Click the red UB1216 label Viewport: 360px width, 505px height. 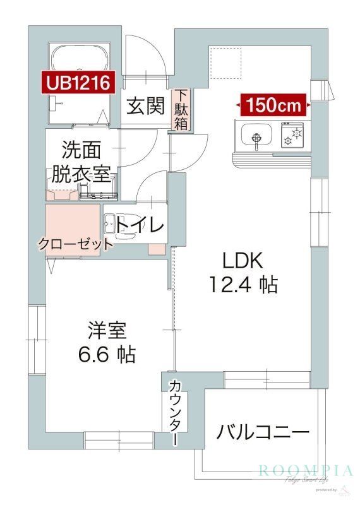click(x=78, y=81)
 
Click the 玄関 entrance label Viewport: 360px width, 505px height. click(x=146, y=106)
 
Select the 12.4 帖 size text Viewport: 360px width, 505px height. click(x=243, y=285)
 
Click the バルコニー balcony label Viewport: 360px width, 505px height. click(x=263, y=432)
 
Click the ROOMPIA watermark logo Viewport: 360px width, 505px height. click(x=305, y=470)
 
